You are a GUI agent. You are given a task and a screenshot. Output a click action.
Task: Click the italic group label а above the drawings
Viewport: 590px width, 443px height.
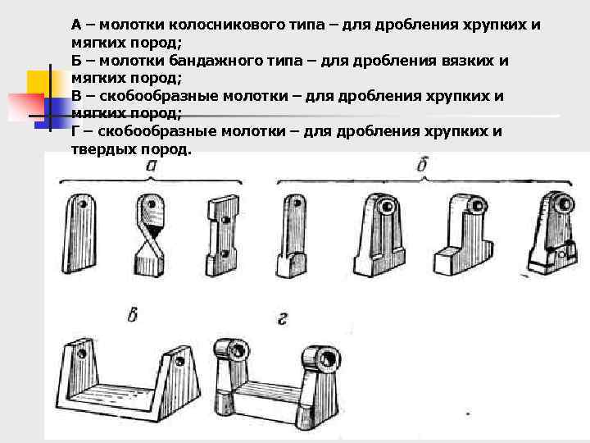pos(152,167)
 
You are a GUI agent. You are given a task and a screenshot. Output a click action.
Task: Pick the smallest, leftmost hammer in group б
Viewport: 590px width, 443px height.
pos(292,235)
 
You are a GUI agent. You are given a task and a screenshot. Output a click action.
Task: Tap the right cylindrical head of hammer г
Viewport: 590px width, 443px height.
pos(321,356)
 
